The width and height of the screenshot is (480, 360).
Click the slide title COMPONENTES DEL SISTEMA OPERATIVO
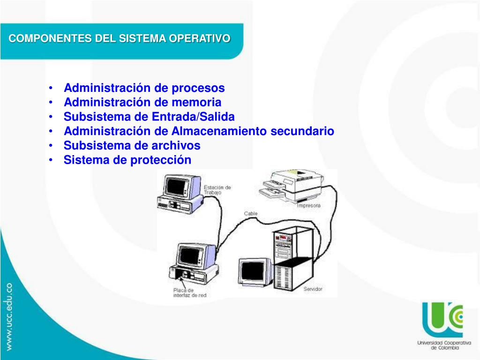[120, 38]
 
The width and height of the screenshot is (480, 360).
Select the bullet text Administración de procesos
[144, 88]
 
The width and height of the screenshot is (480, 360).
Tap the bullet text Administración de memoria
[142, 103]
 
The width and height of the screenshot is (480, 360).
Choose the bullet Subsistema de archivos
[132, 146]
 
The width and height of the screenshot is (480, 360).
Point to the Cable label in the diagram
[250, 214]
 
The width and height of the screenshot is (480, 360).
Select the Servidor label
[313, 289]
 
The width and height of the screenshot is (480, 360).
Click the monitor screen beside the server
[253, 271]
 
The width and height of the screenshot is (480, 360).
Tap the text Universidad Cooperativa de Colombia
[438, 345]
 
